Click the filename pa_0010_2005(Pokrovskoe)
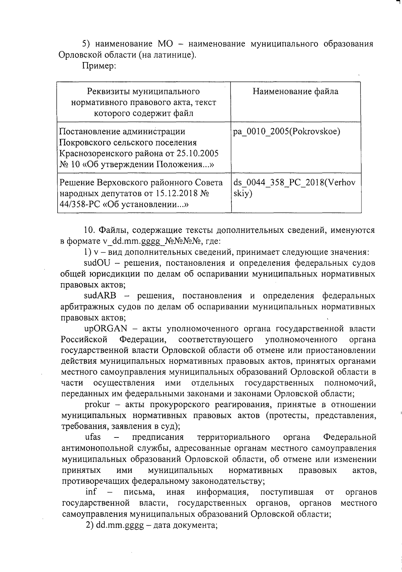[286, 132]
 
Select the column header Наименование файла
[295, 91]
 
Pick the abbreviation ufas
[93, 437]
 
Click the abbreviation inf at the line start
[91, 492]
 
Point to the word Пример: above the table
[99, 66]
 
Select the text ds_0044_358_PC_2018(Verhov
[294, 183]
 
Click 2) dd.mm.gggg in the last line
[120, 525]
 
